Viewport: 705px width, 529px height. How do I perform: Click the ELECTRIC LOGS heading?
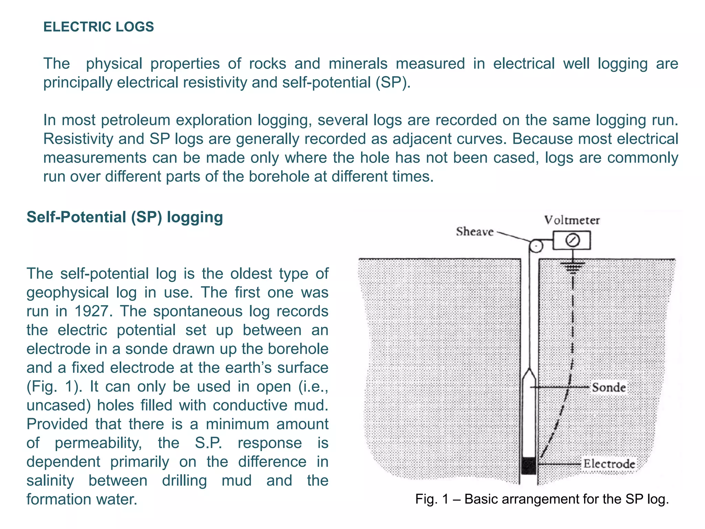click(x=98, y=27)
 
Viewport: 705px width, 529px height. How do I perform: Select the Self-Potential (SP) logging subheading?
click(x=125, y=217)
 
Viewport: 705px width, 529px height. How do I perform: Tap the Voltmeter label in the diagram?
click(x=572, y=220)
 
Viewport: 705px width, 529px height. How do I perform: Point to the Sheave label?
click(x=475, y=232)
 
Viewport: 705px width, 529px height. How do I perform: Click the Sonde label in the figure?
click(x=609, y=387)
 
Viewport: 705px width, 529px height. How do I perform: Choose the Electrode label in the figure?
click(x=609, y=464)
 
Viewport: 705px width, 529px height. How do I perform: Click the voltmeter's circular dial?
click(x=572, y=240)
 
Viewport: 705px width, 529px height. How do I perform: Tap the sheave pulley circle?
click(x=536, y=246)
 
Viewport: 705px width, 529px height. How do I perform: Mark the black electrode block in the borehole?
click(x=529, y=466)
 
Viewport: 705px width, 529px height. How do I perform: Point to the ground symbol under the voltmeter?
click(x=572, y=267)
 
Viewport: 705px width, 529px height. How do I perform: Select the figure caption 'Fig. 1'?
click(x=542, y=499)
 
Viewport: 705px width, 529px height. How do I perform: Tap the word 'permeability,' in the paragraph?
click(x=98, y=443)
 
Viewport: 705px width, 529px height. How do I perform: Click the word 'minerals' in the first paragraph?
click(x=358, y=64)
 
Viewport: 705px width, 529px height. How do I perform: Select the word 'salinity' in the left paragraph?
click(x=50, y=480)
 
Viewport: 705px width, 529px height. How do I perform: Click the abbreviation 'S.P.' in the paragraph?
click(x=208, y=443)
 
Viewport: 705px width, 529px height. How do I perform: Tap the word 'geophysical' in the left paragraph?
click(x=67, y=293)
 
